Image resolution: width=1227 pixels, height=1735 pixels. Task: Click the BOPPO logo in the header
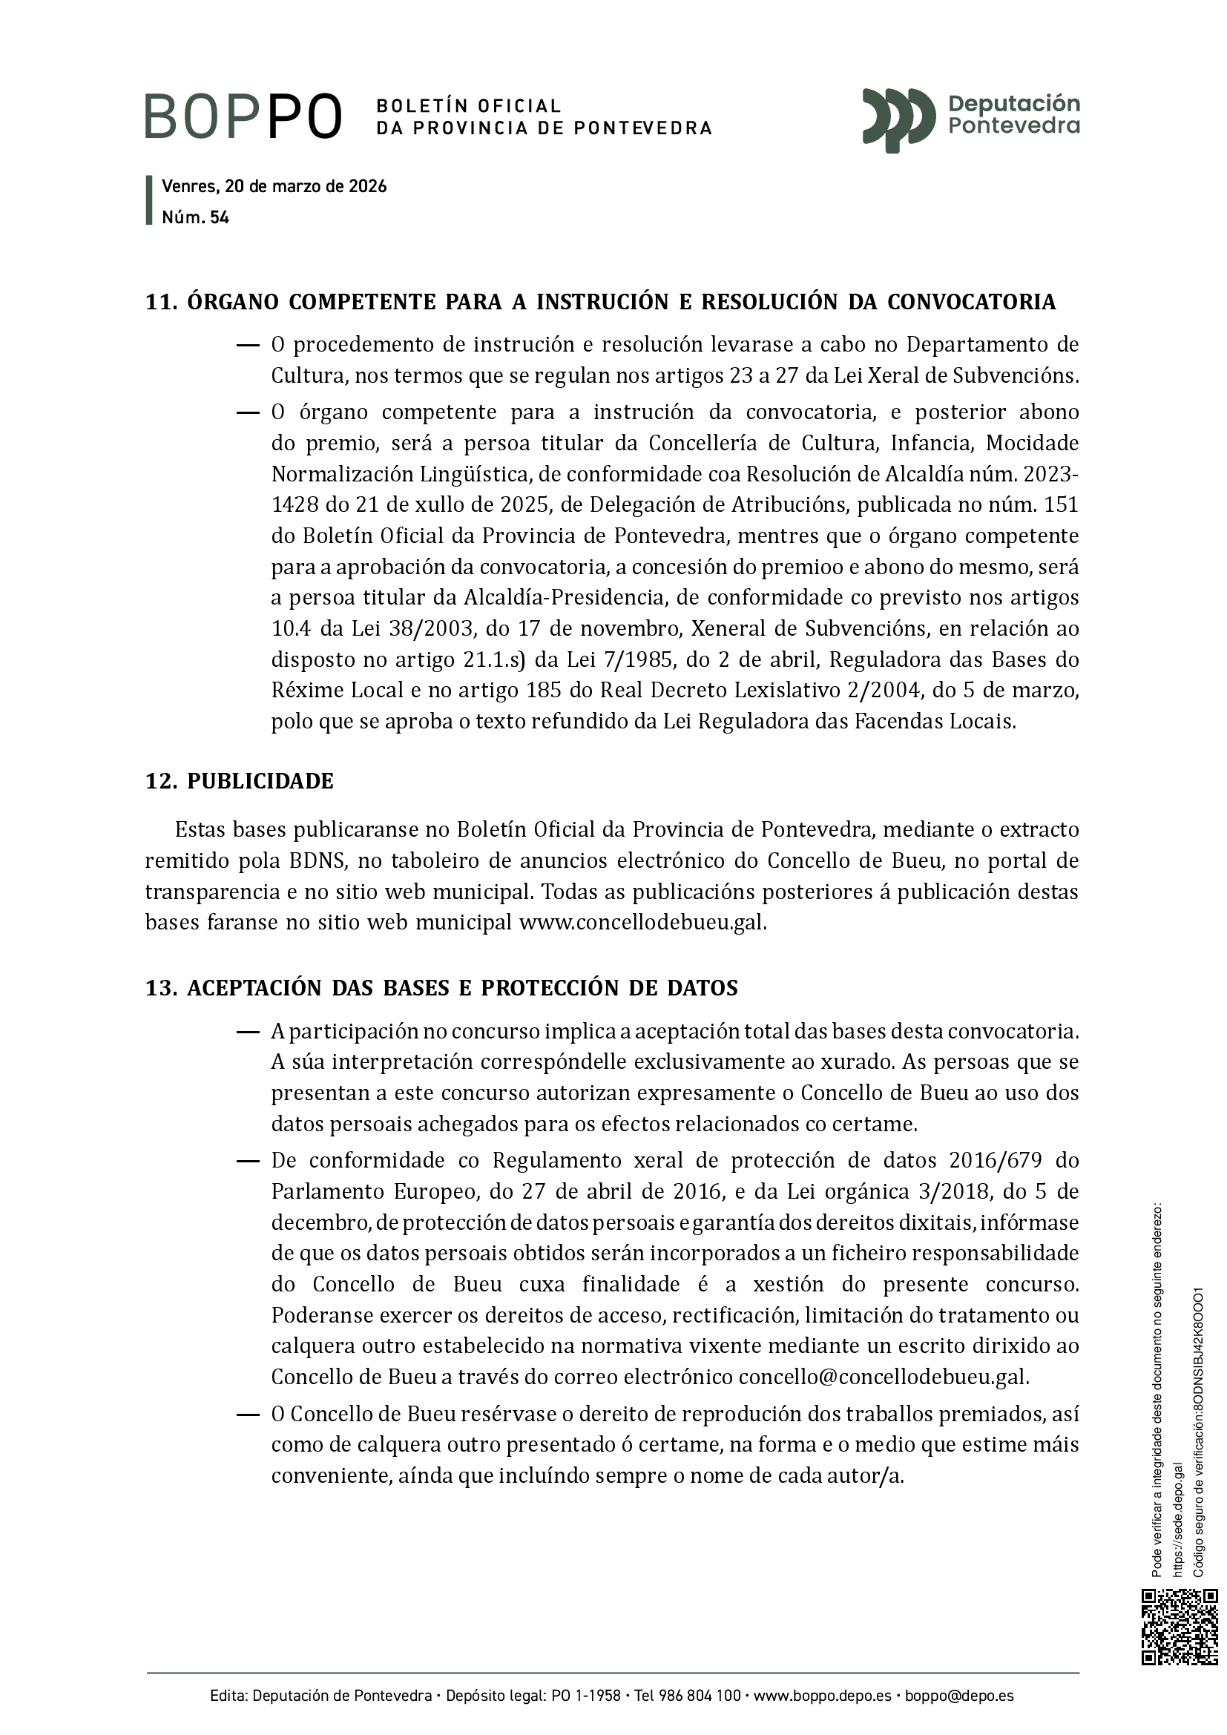(x=243, y=116)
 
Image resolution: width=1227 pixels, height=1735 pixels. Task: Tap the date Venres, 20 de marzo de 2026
(x=274, y=187)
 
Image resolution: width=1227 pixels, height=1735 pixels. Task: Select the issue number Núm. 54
(x=196, y=217)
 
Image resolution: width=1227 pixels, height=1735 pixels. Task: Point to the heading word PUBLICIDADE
(x=260, y=780)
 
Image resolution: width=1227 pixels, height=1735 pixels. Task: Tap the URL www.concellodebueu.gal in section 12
(x=642, y=923)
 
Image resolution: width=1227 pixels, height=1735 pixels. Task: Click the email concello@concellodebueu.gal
(x=884, y=1376)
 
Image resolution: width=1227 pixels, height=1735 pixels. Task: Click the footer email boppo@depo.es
(x=959, y=1696)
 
